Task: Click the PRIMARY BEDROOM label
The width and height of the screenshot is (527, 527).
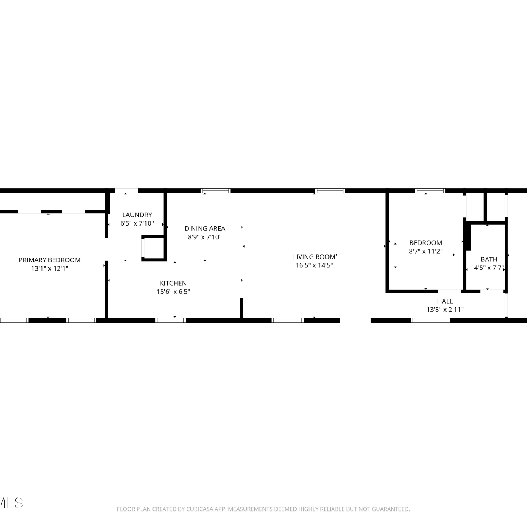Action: click(x=50, y=260)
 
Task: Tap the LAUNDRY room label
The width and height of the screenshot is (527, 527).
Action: click(x=137, y=215)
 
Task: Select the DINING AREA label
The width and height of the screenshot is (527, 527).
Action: click(x=205, y=228)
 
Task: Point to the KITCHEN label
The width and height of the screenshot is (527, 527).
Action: click(x=173, y=283)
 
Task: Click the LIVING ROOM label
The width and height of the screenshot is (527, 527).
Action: click(x=314, y=257)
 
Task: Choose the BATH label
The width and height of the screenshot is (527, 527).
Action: click(x=489, y=259)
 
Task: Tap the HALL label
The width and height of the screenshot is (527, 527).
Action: click(x=445, y=301)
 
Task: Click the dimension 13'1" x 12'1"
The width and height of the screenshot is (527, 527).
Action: click(x=50, y=268)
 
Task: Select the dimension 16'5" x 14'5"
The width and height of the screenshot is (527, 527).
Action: click(x=314, y=265)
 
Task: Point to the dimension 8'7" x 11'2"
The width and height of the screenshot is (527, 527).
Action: click(x=425, y=251)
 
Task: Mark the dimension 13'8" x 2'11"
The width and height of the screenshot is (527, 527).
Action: click(x=445, y=310)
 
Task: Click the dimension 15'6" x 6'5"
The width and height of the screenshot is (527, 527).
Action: click(x=173, y=292)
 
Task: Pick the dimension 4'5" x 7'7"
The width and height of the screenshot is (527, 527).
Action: click(x=489, y=268)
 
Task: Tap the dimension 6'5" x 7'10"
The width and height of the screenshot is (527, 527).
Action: click(x=137, y=223)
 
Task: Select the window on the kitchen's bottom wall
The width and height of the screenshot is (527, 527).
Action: click(x=170, y=320)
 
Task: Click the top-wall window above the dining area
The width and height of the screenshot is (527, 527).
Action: click(x=216, y=191)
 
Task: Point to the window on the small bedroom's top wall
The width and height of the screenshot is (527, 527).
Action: click(x=430, y=191)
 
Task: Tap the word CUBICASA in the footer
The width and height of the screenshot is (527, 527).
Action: click(x=199, y=509)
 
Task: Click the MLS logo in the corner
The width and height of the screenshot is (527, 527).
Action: click(x=11, y=503)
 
